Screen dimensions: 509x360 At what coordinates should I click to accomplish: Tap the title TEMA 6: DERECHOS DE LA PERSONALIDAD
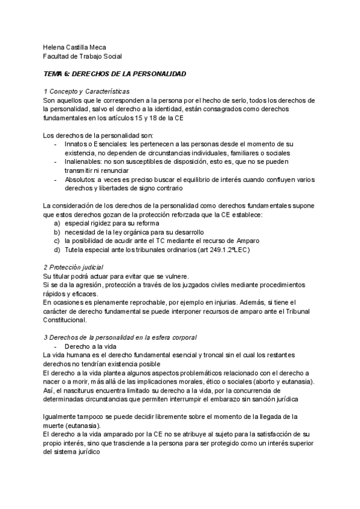pos(115,74)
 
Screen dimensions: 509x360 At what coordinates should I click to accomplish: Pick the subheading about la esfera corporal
pos(120,339)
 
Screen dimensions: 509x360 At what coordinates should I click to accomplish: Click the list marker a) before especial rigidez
pos(57,223)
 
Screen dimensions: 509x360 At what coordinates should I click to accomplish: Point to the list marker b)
pos(57,232)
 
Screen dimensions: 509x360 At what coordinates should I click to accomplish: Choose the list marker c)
pos(57,241)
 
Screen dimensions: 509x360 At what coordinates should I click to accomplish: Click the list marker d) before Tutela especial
pos(57,250)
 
